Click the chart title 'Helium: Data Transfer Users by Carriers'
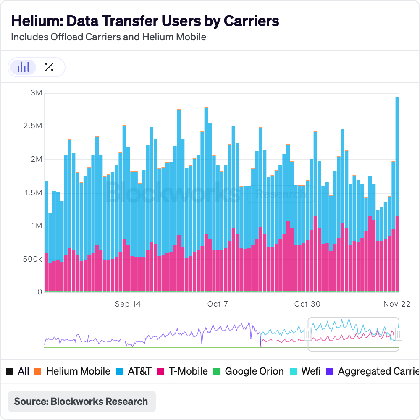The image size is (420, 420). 145,21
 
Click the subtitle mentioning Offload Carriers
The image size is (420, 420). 108,37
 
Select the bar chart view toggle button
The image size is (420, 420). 23,67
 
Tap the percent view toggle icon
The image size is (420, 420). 49,67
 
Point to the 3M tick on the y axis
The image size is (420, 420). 37,93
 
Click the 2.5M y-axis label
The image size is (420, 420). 33,126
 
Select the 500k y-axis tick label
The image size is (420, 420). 32,259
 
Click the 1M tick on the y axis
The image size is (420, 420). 37,226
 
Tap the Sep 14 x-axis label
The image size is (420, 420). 128,304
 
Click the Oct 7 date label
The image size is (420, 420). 218,304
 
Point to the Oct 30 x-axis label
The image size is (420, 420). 307,304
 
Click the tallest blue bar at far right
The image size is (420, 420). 397,155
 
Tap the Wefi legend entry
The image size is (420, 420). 306,371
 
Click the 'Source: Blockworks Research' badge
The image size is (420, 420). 81,401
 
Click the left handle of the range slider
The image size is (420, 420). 308,334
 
